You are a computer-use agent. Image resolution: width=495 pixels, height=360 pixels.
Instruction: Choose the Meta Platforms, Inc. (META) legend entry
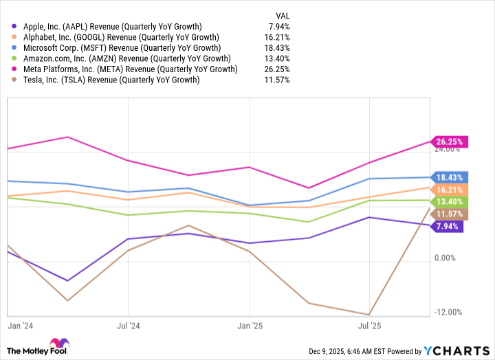point(125,69)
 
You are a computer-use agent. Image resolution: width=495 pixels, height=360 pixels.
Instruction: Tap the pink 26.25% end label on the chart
point(450,142)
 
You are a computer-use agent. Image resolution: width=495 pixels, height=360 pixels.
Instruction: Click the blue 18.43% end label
point(450,177)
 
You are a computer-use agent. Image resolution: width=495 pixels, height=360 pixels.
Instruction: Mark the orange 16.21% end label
point(450,190)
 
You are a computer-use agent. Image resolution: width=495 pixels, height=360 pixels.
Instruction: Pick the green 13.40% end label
point(450,202)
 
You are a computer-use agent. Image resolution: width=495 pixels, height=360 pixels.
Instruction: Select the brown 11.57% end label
point(450,214)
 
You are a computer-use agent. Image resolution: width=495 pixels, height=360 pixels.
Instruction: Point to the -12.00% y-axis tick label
point(448,313)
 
